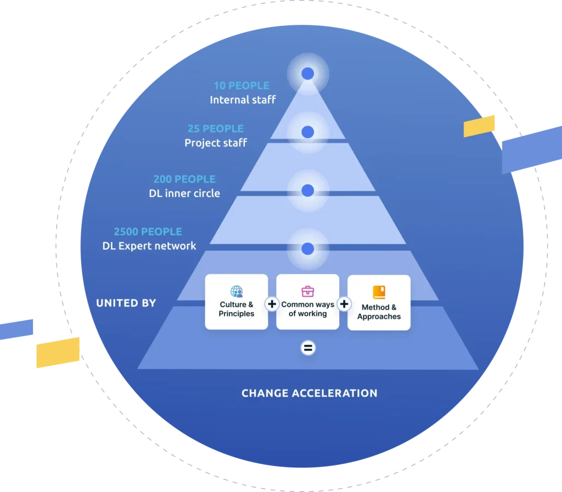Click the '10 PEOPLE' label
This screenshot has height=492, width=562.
pos(241,86)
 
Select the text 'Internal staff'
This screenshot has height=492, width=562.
pos(243,100)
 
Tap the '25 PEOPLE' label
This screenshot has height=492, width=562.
pos(215,128)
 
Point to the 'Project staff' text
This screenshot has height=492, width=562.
pos(216,143)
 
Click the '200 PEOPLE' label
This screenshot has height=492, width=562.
pos(184,179)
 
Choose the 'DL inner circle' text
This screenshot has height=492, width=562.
pos(184,193)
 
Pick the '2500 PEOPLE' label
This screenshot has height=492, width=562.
pos(148,231)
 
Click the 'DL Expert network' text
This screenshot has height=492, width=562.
pos(149,246)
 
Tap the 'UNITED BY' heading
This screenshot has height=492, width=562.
pos(126,303)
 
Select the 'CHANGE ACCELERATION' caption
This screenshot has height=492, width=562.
pos(310,393)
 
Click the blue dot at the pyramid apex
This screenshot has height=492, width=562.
pos(308,73)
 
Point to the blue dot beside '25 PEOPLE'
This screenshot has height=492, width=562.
pos(308,132)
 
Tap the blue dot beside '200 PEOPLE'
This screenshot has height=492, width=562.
pos(308,190)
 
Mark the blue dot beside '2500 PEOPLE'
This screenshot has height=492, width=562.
pos(308,248)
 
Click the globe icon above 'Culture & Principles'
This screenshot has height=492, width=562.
pos(237,291)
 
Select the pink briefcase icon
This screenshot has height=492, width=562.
pos(307,291)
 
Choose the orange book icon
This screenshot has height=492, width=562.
pos(379,292)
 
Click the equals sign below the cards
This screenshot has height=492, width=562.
pos(308,348)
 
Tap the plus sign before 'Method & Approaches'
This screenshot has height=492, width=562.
pos(344,304)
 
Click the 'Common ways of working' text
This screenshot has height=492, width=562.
pos(308,309)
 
